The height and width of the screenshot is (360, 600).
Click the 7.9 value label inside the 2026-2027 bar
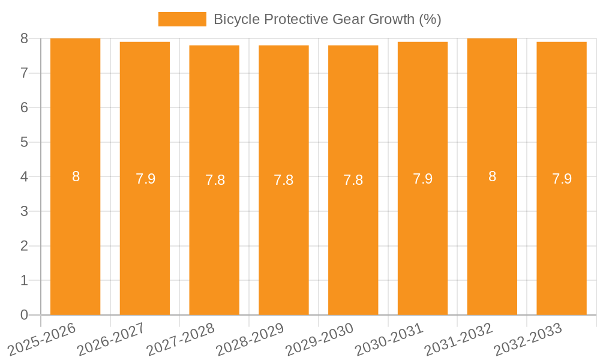(145, 179)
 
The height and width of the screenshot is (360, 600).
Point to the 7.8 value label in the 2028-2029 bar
(284, 180)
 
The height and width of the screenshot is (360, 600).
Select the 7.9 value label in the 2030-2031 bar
(422, 179)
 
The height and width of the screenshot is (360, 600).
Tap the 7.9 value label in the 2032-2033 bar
(562, 179)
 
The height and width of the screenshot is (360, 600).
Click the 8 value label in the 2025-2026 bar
(76, 177)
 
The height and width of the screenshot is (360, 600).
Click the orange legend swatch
(182, 19)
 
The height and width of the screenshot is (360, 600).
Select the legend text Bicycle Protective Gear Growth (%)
(327, 19)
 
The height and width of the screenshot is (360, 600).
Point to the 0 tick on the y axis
(24, 315)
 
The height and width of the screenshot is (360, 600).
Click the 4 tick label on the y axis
(24, 177)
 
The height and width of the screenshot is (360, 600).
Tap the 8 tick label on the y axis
(24, 39)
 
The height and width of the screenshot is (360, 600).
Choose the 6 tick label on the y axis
(24, 108)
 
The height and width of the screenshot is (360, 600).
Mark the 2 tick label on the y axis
(24, 246)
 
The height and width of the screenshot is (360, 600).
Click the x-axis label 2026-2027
(111, 340)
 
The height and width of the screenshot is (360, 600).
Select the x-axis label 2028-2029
(250, 340)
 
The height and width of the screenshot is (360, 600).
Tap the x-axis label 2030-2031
(389, 340)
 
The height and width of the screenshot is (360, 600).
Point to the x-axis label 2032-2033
(528, 340)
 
